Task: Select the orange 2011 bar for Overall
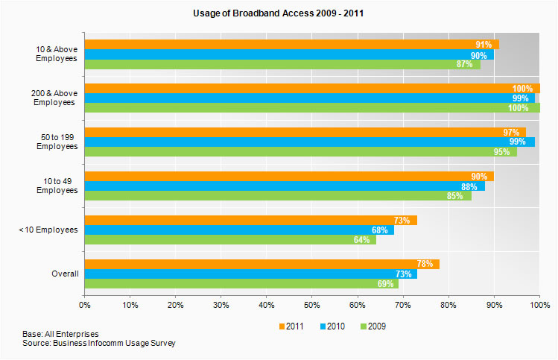[261, 265]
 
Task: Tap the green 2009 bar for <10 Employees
[230, 239]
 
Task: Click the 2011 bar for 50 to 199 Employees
[305, 132]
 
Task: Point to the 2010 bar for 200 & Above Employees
[309, 98]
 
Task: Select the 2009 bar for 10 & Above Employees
[282, 64]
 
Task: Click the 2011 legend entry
[293, 326]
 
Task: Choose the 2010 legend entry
[333, 326]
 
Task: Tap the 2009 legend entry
[373, 326]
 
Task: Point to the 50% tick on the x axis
[312, 304]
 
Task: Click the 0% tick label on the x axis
[84, 304]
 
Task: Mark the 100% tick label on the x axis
[539, 304]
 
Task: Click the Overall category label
[65, 274]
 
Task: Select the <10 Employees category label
[48, 230]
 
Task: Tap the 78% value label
[425, 265]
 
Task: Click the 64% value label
[362, 239]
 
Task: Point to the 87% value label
[466, 64]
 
